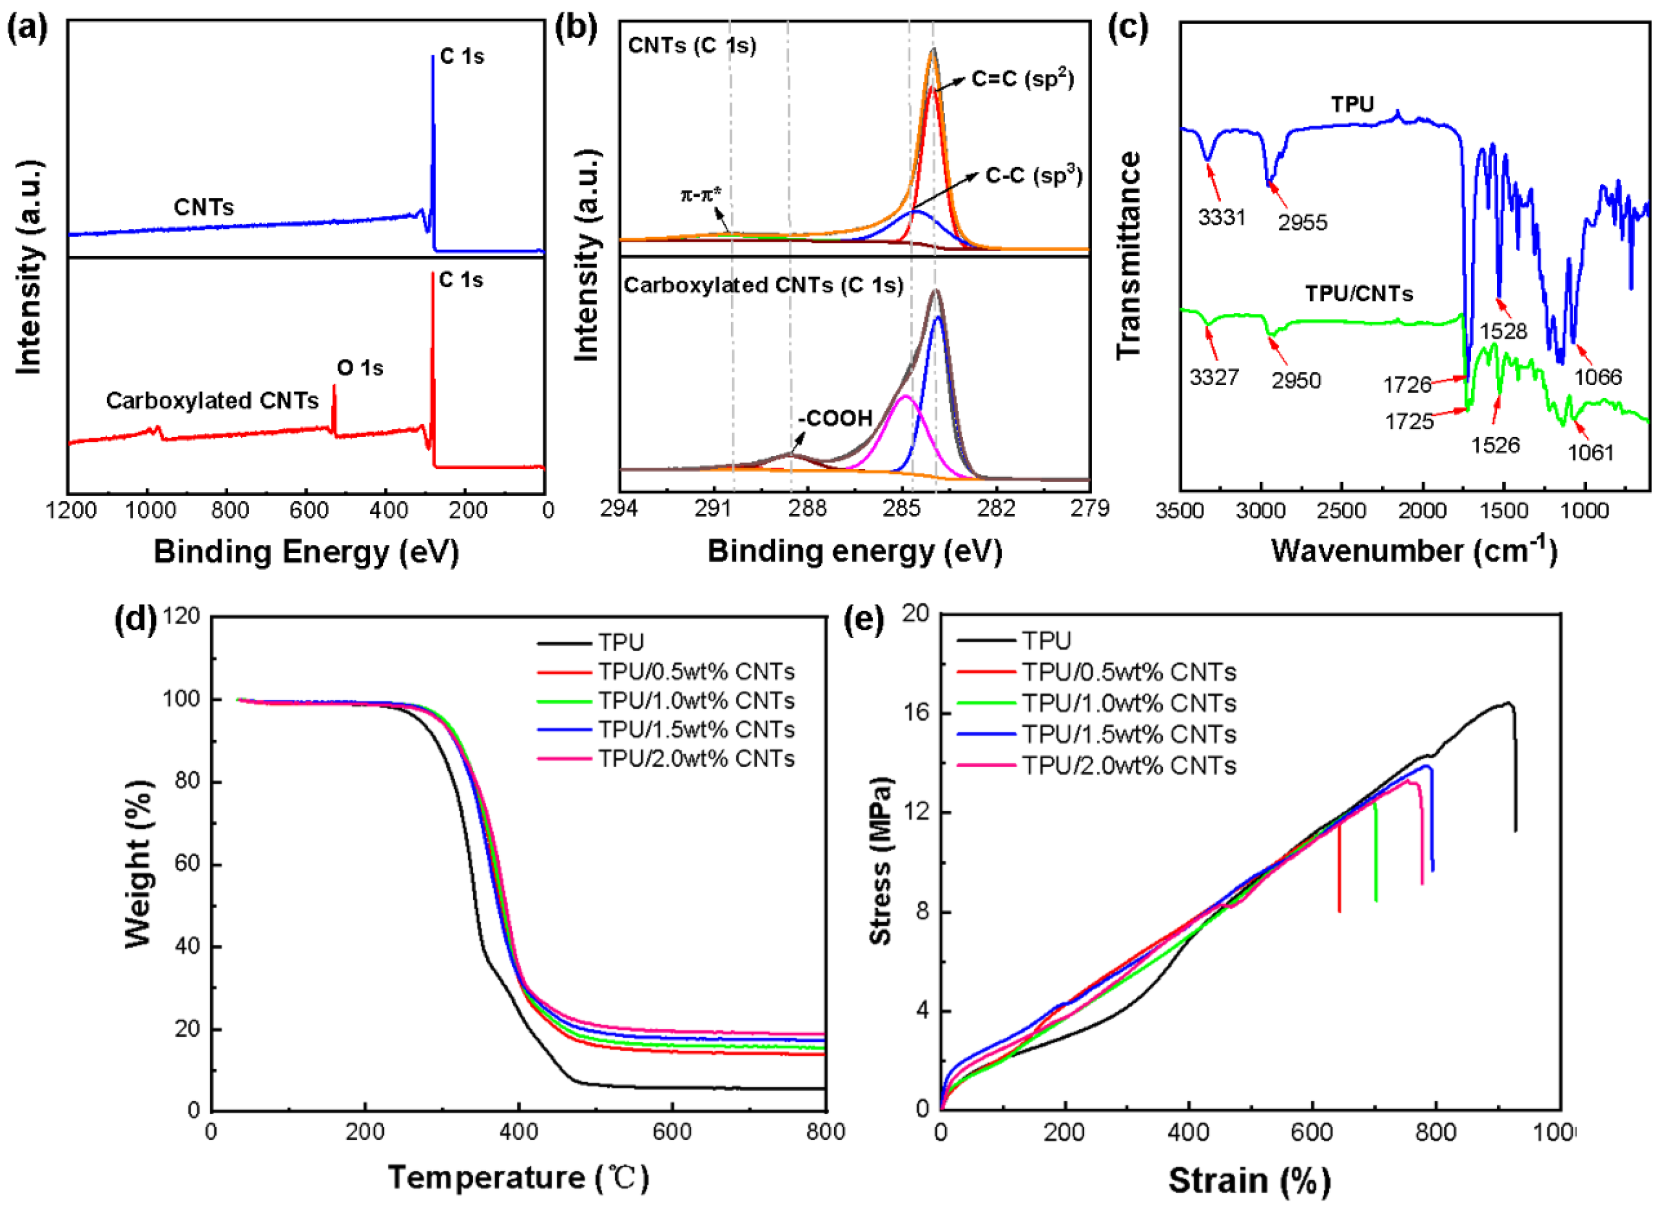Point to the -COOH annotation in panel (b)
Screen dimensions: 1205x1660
tap(835, 418)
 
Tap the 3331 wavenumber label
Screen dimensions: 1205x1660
tap(1222, 218)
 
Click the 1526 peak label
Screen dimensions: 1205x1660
tap(1495, 444)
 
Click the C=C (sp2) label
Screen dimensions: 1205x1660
tap(1023, 79)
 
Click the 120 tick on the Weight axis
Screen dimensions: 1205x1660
tap(182, 616)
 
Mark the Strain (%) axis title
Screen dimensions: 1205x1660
tap(1249, 1180)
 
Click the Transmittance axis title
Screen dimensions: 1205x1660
tap(1128, 256)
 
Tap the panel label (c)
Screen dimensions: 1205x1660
tap(1127, 28)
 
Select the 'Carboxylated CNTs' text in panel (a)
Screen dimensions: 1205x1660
tap(212, 400)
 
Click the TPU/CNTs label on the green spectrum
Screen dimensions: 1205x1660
tap(1358, 294)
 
